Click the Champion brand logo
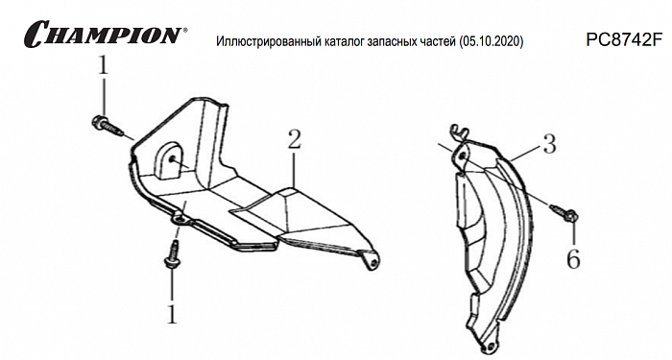coord(106,34)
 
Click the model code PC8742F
coord(620,40)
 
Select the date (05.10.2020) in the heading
coord(491,41)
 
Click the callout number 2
coord(294,139)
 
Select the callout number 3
coord(549,144)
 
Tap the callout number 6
coord(573,258)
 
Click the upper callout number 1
coord(103,66)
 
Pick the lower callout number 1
coord(172,314)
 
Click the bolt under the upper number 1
coord(107,125)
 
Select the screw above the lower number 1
coord(173,255)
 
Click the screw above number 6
coord(563,213)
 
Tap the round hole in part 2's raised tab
coord(172,159)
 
